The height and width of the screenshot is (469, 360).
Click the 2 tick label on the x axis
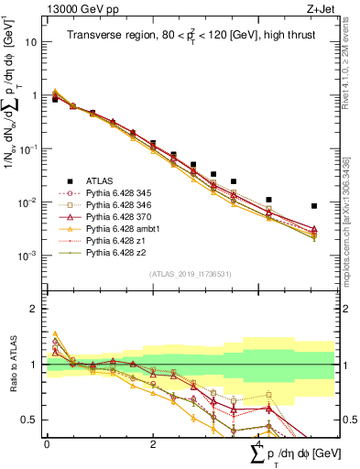point(152,443)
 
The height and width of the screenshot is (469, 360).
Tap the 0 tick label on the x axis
point(47,443)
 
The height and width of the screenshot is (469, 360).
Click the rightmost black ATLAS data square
point(314,206)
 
